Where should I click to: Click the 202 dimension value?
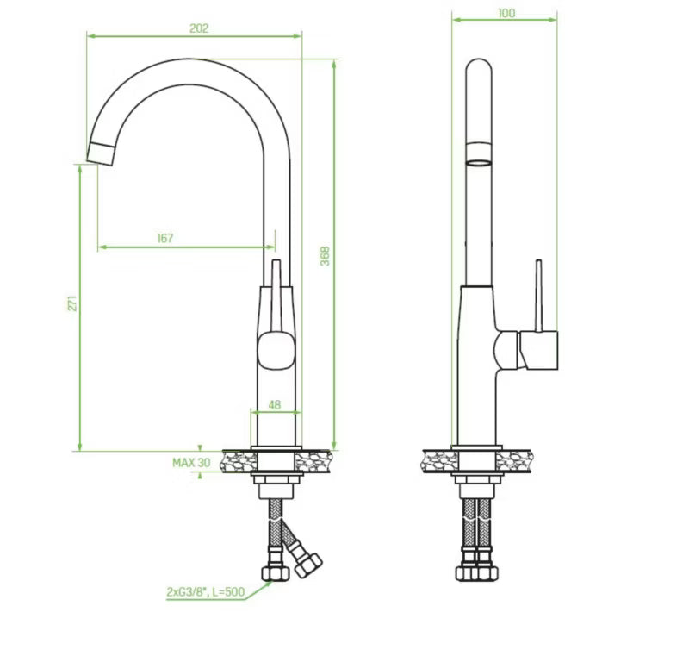(199, 28)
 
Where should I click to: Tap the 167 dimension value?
(165, 238)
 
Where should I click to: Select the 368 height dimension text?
(325, 256)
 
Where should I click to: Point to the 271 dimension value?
(72, 303)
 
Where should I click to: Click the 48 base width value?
(274, 404)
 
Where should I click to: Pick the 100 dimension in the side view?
(506, 13)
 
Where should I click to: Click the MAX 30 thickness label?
(191, 463)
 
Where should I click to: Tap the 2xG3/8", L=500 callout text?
(205, 592)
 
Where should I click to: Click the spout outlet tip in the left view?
(100, 154)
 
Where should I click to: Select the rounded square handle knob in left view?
(276, 350)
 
